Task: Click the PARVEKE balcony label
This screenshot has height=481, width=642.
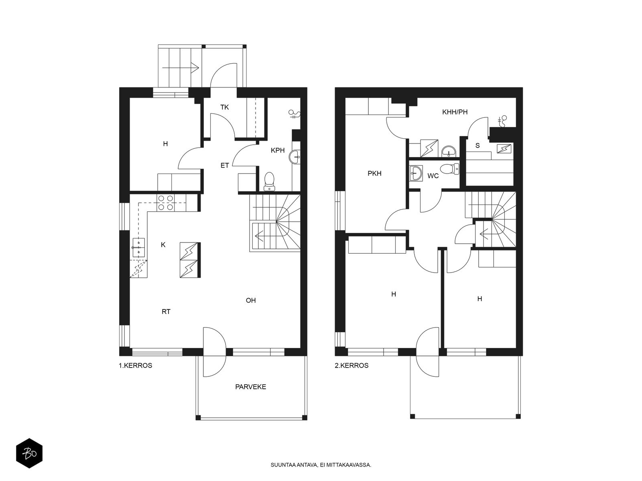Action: click(250, 387)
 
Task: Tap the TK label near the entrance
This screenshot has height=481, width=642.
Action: click(224, 107)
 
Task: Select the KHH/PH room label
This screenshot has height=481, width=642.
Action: click(455, 112)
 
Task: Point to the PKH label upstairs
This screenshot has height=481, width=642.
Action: click(374, 174)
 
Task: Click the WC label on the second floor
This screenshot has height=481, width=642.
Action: click(433, 176)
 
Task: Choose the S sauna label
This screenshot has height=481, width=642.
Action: click(477, 146)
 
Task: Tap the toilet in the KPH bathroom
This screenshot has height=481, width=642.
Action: click(269, 181)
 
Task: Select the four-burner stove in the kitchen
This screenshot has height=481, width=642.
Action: click(166, 203)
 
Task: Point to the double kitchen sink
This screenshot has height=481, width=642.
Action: click(139, 247)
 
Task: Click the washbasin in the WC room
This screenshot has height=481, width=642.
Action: click(416, 174)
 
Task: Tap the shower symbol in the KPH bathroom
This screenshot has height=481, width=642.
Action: click(294, 114)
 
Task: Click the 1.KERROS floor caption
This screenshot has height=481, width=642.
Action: click(135, 365)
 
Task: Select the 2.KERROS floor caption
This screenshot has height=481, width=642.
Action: click(351, 365)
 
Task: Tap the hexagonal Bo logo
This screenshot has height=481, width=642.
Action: click(29, 453)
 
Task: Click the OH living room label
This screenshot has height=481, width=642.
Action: click(251, 300)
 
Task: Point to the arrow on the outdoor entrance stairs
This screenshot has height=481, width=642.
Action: click(181, 68)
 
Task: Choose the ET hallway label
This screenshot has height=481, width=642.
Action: click(224, 166)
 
